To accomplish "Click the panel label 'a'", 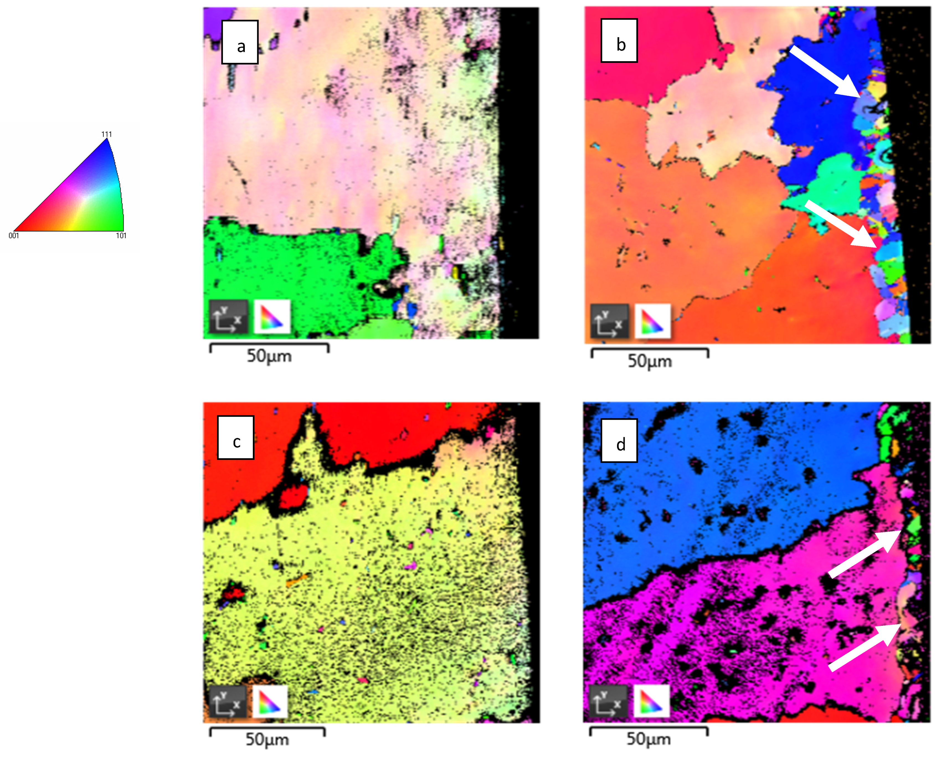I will coord(240,42).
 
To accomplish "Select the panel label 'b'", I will coord(619,41).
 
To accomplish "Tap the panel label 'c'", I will coord(236,438).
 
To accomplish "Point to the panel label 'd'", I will coord(619,441).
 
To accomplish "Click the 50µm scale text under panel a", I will coord(269,356).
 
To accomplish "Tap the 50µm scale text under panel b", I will coord(650,361).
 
